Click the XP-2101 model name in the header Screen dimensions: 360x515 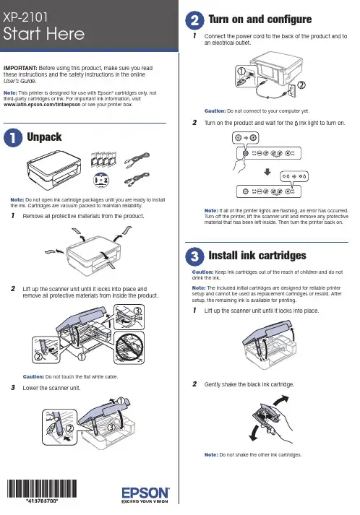pyautogui.click(x=25, y=17)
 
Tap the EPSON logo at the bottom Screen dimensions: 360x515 pyautogui.click(x=145, y=493)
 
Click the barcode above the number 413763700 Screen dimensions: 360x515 pyautogui.click(x=42, y=488)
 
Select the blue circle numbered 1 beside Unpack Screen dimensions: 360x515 pyautogui.click(x=13, y=138)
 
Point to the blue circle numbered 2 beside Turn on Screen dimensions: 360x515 pyautogui.click(x=194, y=20)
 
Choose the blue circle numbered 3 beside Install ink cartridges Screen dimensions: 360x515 pyautogui.click(x=194, y=256)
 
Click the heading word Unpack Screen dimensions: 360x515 pyautogui.click(x=44, y=137)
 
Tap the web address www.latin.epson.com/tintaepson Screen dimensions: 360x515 pyautogui.click(x=42, y=105)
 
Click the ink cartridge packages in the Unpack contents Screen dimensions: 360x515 pyautogui.click(x=103, y=160)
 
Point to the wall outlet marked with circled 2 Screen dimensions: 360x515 pyautogui.click(x=291, y=90)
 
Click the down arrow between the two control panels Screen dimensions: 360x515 pyautogui.click(x=267, y=172)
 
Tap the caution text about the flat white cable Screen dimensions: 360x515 pyautogui.click(x=70, y=377)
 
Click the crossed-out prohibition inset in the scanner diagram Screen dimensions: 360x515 pyautogui.click(x=129, y=347)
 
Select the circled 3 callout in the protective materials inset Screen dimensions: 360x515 pyautogui.click(x=137, y=311)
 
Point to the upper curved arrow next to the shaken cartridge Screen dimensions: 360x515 pyautogui.click(x=280, y=401)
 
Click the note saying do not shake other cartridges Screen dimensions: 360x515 pyautogui.click(x=253, y=455)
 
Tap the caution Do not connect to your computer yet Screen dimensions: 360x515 pyautogui.click(x=257, y=111)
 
